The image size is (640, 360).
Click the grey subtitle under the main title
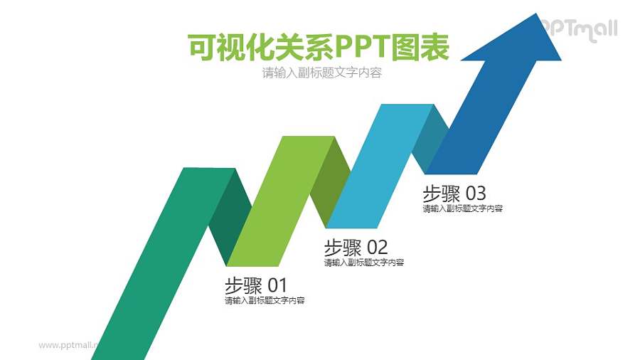click(x=321, y=73)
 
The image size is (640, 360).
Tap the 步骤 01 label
click(x=255, y=285)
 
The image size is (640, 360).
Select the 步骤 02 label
click(x=356, y=248)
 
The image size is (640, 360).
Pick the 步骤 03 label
click(x=454, y=194)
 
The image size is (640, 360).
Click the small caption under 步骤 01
click(x=265, y=301)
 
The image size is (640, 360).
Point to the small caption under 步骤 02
click(x=364, y=263)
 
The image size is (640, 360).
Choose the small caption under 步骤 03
click(x=463, y=209)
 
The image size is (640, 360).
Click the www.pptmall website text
click(x=68, y=345)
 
